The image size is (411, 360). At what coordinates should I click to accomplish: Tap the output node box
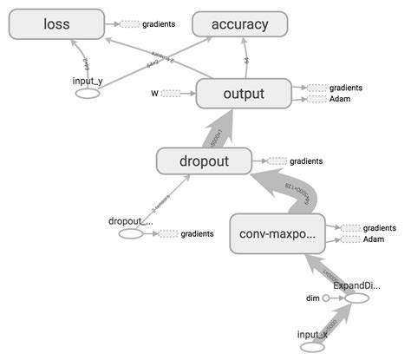click(243, 94)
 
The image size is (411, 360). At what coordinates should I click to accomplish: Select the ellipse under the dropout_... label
click(131, 233)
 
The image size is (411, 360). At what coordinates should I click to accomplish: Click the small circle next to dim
click(326, 298)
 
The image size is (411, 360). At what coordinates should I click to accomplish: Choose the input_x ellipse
click(312, 347)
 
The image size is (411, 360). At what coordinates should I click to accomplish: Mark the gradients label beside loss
click(157, 24)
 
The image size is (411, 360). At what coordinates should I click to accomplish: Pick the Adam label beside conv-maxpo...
click(373, 239)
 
